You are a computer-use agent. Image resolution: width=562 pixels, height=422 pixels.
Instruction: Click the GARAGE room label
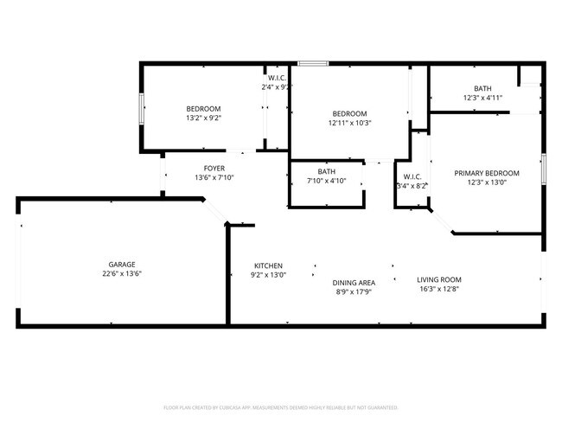point(122,265)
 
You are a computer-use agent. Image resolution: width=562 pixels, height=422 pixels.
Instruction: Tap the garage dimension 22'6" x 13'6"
point(122,274)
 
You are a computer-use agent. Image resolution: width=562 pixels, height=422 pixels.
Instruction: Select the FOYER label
point(214,168)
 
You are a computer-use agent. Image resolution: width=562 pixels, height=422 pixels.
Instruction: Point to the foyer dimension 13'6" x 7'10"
point(214,177)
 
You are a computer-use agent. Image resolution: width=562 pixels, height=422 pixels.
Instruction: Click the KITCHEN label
point(268,265)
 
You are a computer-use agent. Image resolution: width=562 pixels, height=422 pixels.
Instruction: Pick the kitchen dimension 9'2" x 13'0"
point(268,275)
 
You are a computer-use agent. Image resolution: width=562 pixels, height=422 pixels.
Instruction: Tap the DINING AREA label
point(354,283)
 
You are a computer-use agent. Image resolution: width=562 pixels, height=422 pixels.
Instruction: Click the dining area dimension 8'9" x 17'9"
point(354,292)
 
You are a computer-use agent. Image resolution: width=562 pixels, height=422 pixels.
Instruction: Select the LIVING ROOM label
point(439,279)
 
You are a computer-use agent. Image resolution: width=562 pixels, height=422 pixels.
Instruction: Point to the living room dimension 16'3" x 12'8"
point(439,289)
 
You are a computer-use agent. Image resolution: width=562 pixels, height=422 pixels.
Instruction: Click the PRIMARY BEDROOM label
point(487,173)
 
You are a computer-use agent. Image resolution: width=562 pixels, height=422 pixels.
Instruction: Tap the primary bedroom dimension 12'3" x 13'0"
point(487,182)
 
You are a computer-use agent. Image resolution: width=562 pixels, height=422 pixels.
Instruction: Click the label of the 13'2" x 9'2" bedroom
point(204,108)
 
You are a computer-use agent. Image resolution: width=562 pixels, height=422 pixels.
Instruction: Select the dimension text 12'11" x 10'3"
point(350,123)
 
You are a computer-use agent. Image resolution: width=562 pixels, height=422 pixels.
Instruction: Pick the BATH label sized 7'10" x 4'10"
point(326,171)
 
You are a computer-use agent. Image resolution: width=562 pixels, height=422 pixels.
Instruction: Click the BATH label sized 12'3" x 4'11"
point(482,88)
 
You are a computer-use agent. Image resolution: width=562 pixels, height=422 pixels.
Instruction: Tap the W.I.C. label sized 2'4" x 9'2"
point(277,78)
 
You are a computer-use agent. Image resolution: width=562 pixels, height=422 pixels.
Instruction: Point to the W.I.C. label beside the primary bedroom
point(412,176)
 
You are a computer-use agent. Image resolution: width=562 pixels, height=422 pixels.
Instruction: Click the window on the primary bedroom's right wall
point(543,169)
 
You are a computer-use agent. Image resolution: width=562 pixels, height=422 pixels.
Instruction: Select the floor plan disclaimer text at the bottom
point(281,406)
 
